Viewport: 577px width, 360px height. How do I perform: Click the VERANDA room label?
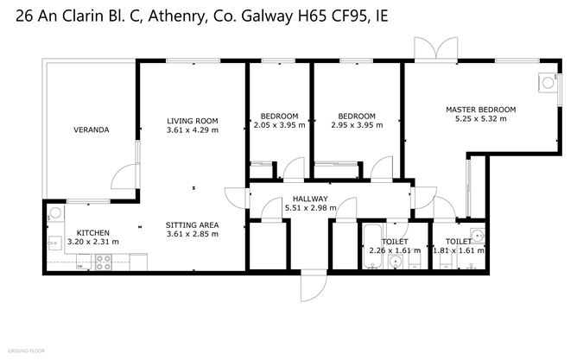pos(91,130)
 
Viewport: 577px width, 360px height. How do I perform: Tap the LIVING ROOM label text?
pos(192,120)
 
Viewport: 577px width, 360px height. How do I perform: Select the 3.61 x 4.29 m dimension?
pos(192,130)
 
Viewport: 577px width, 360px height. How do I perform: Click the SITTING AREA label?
pos(192,224)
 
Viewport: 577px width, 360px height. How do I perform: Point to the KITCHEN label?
pos(92,233)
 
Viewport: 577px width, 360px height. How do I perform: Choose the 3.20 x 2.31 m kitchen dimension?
pos(92,243)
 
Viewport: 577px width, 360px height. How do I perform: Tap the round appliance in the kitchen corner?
pos(55,213)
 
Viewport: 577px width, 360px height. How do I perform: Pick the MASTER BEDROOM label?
pos(480,110)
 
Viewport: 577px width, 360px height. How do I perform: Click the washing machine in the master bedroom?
pos(546,82)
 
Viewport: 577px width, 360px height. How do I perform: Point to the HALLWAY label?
pos(309,199)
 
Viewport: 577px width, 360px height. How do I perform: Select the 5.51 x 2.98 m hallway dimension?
pos(309,208)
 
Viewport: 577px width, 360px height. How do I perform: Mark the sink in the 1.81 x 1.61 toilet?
pos(476,235)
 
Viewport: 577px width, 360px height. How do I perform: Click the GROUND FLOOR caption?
pos(26,351)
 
